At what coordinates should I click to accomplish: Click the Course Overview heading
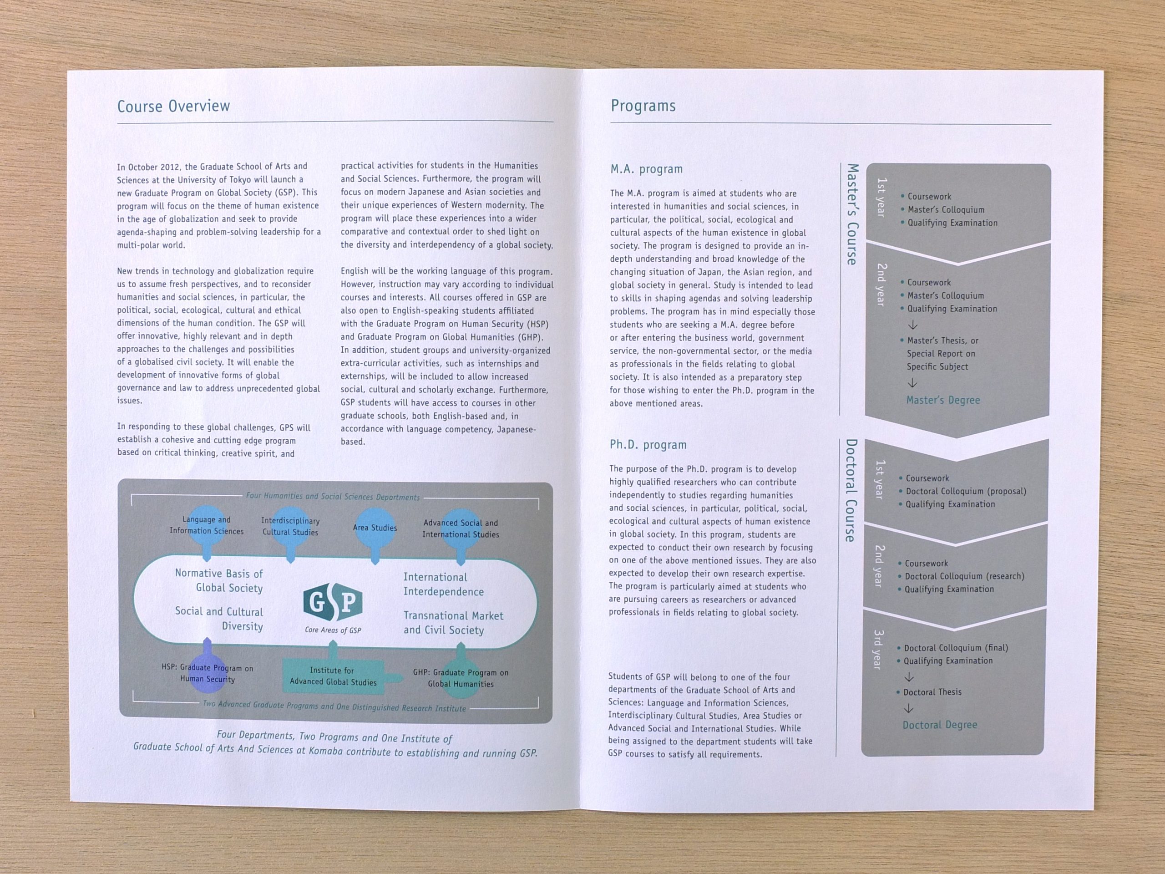[x=173, y=106]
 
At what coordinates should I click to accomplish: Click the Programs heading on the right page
[x=643, y=106]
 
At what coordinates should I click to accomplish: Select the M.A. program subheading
[x=646, y=169]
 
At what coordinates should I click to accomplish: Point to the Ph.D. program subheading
[x=648, y=445]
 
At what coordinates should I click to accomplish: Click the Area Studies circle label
[x=375, y=527]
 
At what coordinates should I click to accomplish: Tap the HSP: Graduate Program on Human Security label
[x=208, y=673]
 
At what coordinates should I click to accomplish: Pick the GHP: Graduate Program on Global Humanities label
[x=461, y=678]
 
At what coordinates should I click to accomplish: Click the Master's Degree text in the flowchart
[x=943, y=400]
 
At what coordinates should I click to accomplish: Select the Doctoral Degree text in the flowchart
[x=940, y=725]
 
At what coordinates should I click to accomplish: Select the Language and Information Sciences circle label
[x=207, y=525]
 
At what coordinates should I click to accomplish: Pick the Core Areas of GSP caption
[x=333, y=630]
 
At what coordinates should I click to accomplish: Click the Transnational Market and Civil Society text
[x=453, y=623]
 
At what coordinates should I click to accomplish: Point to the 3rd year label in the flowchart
[x=878, y=650]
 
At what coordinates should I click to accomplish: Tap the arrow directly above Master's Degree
[x=913, y=383]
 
